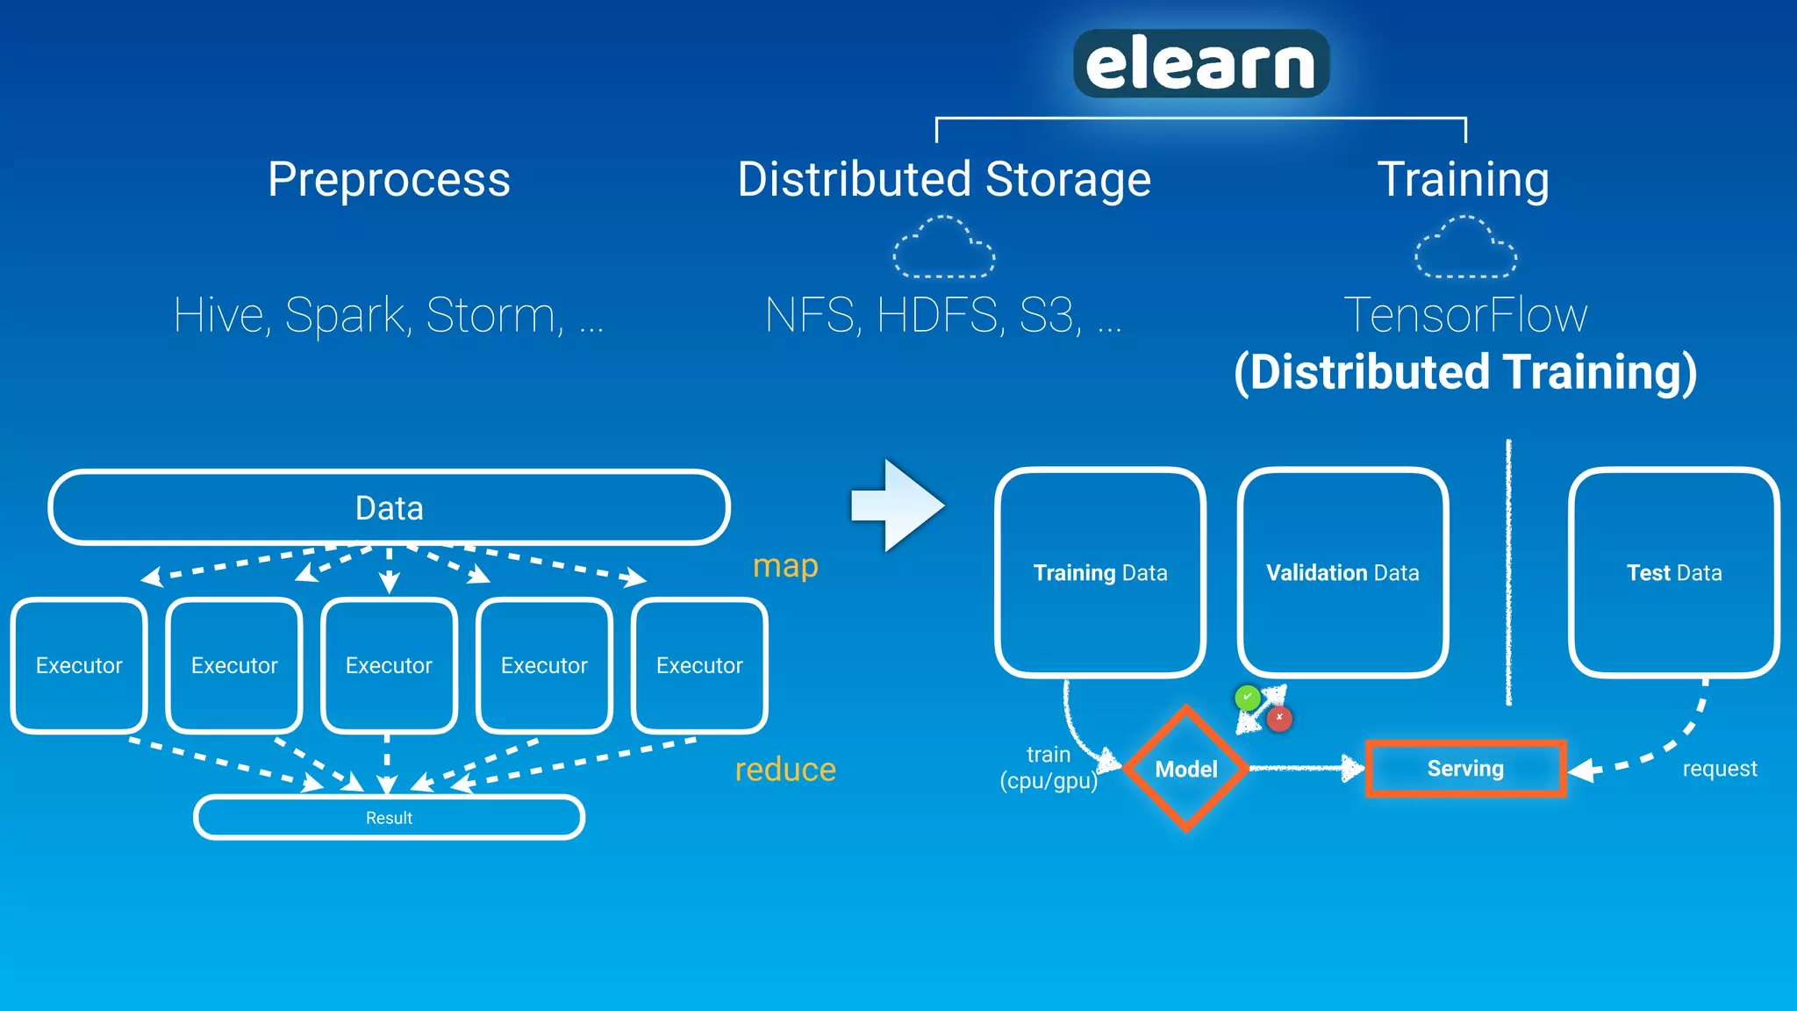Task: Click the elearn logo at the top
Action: (1200, 63)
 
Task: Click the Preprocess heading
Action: (389, 180)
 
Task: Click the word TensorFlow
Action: (1465, 315)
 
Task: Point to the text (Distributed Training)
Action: (1465, 372)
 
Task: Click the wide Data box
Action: (389, 508)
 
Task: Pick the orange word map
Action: (785, 566)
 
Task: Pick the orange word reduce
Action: (785, 770)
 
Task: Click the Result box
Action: (389, 818)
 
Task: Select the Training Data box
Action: (1100, 572)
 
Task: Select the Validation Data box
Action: (1342, 572)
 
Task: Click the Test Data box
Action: (1674, 572)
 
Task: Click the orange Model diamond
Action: (1186, 769)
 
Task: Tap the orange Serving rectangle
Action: (1465, 769)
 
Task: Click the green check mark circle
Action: (1247, 698)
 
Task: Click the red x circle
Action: (1279, 718)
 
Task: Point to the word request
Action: (1720, 769)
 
